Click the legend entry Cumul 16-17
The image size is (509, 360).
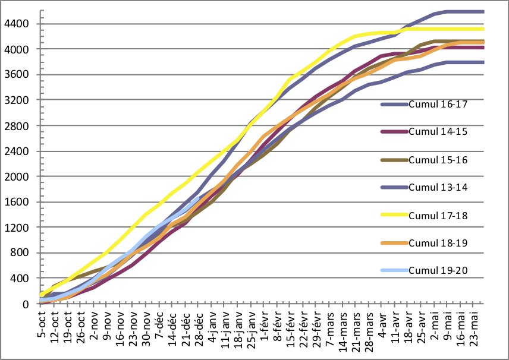click(x=438, y=104)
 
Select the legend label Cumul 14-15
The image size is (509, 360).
click(x=438, y=132)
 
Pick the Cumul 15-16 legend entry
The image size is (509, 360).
click(x=438, y=160)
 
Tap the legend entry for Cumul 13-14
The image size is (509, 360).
click(x=438, y=187)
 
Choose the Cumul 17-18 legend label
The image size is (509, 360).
click(x=438, y=215)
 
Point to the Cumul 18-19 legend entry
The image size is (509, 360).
click(x=438, y=243)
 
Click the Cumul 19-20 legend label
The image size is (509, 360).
click(x=438, y=271)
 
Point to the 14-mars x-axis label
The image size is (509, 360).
click(x=344, y=327)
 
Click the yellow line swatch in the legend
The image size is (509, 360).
click(x=394, y=215)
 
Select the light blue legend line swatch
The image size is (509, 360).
click(x=394, y=271)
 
